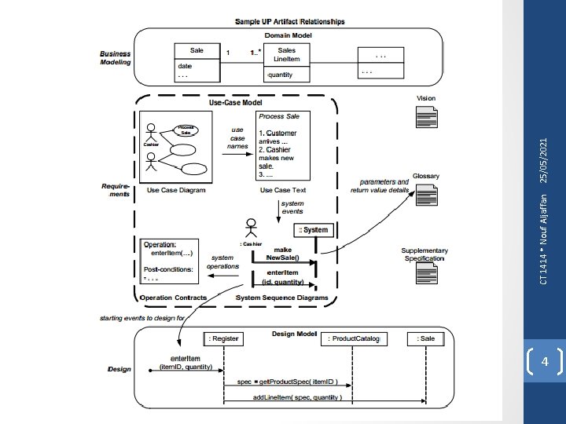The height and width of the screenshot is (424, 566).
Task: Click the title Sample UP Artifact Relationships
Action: point(290,21)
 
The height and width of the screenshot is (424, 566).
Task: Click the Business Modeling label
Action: point(116,58)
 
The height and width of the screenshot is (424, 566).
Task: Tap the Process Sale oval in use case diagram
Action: point(186,130)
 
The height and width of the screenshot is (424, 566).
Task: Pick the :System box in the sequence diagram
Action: point(314,230)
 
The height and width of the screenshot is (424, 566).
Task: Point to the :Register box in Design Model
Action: point(223,338)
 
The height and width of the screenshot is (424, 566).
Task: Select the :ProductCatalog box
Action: point(353,338)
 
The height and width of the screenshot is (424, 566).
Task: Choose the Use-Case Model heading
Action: point(237,103)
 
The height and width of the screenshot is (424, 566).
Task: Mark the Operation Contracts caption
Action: point(173,298)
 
